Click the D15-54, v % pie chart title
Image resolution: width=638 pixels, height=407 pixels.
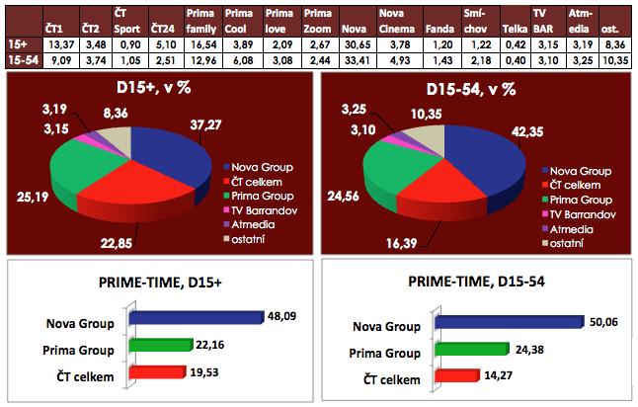point(481,89)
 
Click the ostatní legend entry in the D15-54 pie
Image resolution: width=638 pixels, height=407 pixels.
point(569,243)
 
